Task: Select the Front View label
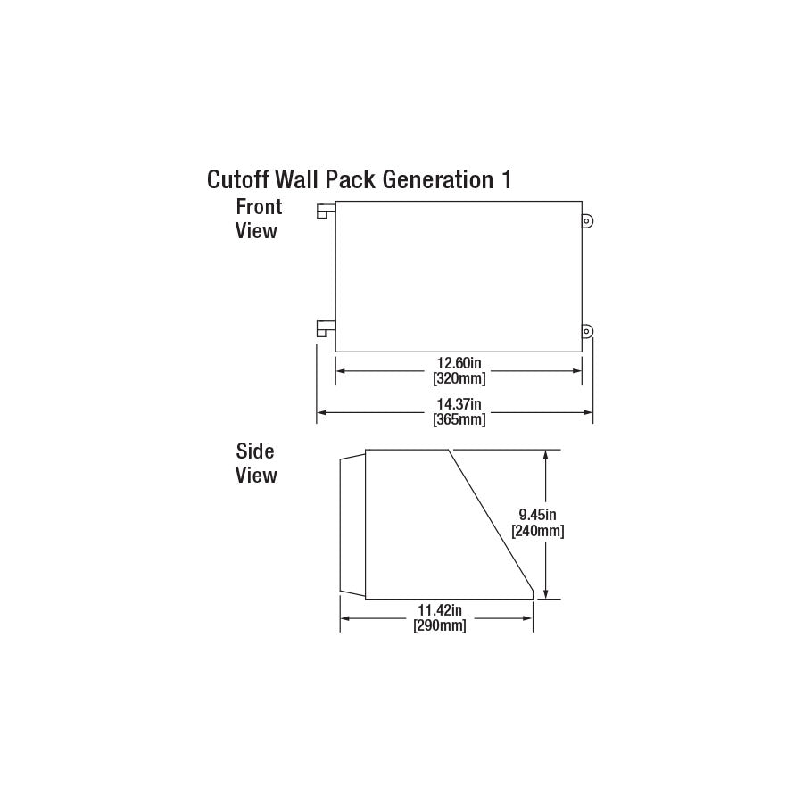pyautogui.click(x=258, y=219)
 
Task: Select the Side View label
pyautogui.click(x=256, y=463)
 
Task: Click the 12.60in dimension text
pyautogui.click(x=459, y=364)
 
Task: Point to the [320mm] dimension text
pyautogui.click(x=459, y=378)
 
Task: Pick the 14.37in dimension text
pyautogui.click(x=459, y=405)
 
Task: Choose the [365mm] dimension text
pyautogui.click(x=459, y=419)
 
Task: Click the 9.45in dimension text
pyautogui.click(x=538, y=514)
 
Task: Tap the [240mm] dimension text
pyautogui.click(x=537, y=530)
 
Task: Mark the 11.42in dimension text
pyautogui.click(x=440, y=610)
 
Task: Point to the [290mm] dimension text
pyautogui.click(x=440, y=625)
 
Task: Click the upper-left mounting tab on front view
pyautogui.click(x=326, y=211)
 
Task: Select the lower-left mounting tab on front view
pyautogui.click(x=326, y=329)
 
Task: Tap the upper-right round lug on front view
pyautogui.click(x=587, y=220)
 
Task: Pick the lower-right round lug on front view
pyautogui.click(x=587, y=332)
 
